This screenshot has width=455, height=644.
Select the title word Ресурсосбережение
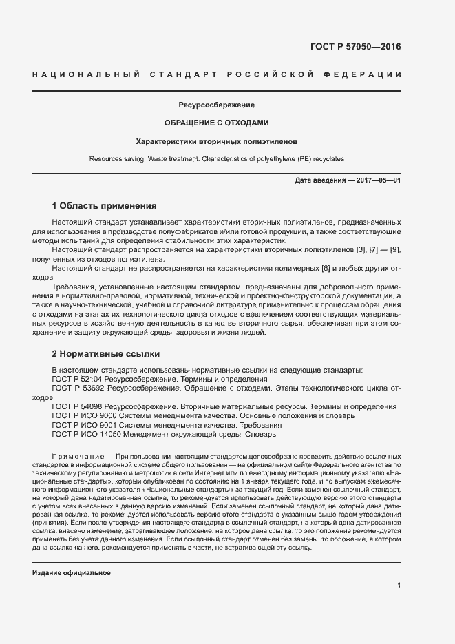pos(217,105)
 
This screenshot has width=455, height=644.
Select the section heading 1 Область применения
pos(105,205)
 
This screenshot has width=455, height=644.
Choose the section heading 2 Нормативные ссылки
pos(106,354)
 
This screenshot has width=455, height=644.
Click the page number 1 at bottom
pos(399,585)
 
